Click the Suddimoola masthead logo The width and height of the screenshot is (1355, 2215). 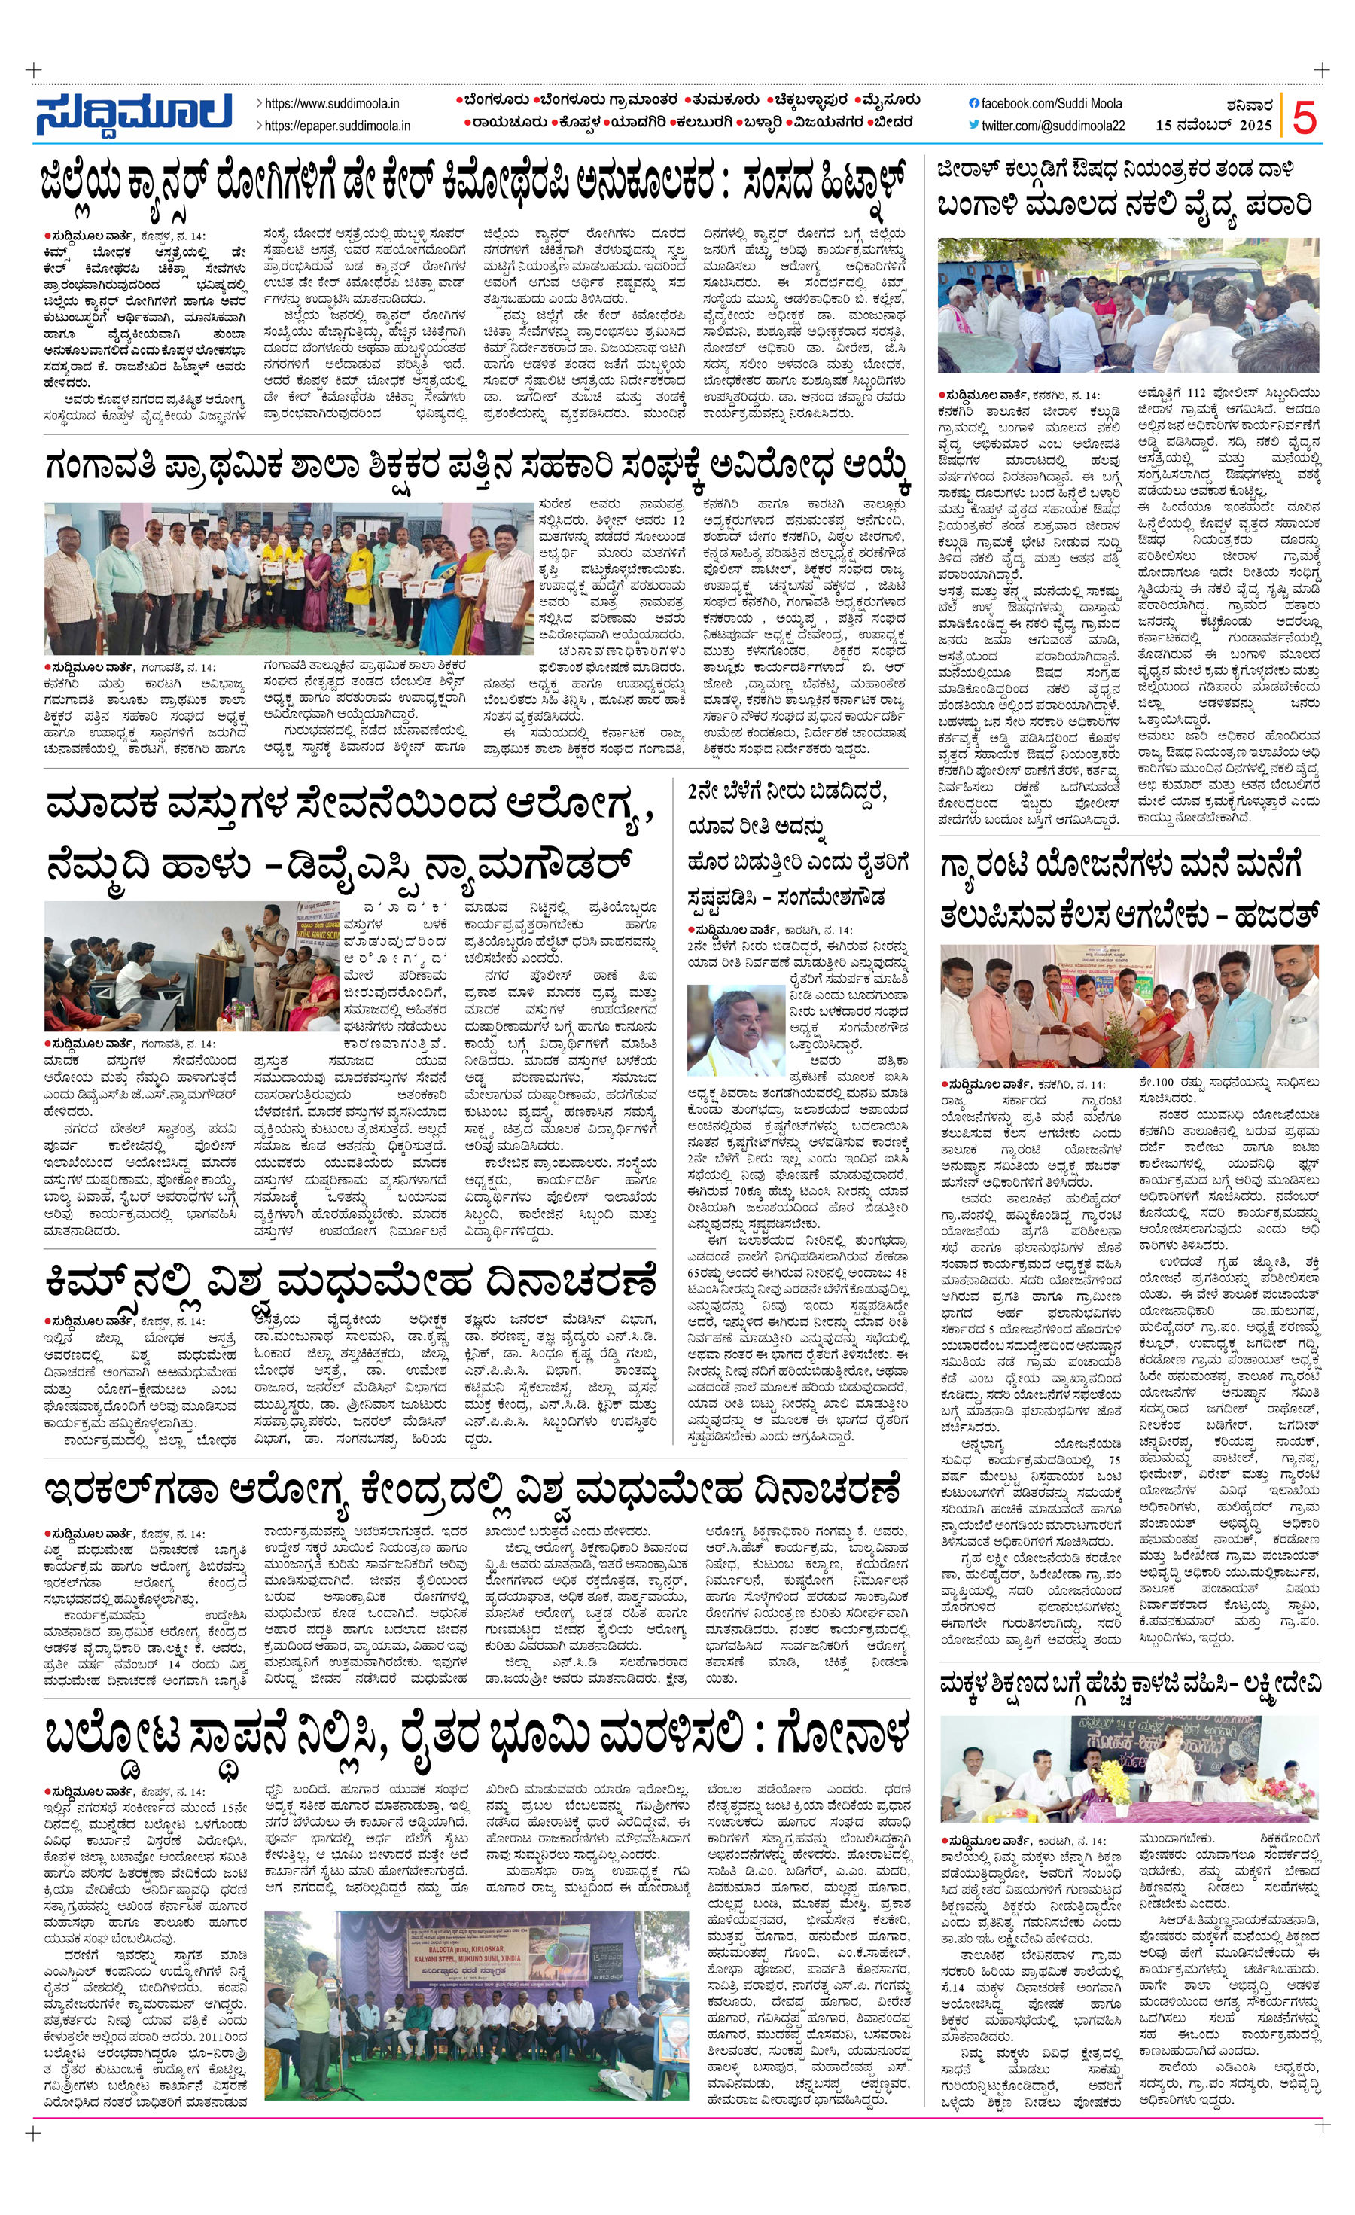[135, 112]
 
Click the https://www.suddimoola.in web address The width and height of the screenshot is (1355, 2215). [333, 105]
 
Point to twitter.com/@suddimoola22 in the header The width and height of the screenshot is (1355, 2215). [1052, 126]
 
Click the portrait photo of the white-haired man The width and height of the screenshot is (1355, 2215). [735, 1029]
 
